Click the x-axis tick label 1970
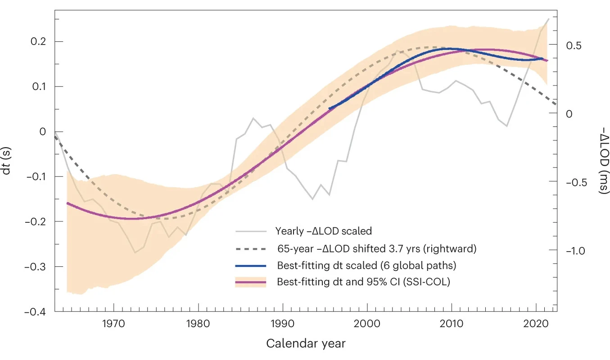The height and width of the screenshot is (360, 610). [113, 324]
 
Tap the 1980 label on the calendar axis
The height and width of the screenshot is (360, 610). [198, 324]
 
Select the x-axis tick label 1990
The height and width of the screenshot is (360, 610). [282, 324]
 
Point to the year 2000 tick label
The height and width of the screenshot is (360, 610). [367, 324]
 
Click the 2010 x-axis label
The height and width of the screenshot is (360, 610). [451, 324]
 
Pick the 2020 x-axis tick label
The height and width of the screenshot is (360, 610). [536, 324]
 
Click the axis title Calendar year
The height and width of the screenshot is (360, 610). [306, 344]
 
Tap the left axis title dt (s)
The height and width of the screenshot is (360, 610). [6, 161]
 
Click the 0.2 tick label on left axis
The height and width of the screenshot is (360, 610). [38, 41]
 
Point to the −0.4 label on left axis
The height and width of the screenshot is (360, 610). [35, 312]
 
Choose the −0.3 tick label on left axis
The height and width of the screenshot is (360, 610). [35, 267]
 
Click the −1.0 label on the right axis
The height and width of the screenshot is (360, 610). [575, 251]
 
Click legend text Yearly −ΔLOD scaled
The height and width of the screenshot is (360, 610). [324, 231]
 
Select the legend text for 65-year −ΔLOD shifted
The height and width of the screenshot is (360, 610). [377, 249]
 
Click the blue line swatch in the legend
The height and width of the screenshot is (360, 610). [251, 266]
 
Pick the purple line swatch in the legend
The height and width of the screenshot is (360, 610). [251, 282]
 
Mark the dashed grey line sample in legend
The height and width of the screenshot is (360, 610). [251, 249]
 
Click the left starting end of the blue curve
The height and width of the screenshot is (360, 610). [330, 109]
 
